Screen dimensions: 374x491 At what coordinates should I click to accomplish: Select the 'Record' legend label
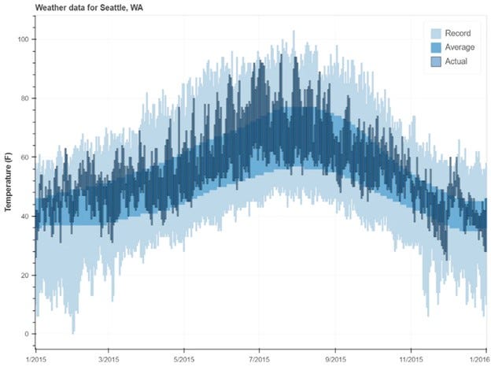click(458, 33)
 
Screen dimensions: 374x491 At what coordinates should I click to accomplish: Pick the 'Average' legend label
click(460, 47)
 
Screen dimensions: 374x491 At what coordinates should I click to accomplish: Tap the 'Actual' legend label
click(457, 61)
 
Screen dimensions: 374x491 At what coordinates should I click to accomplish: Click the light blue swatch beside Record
click(435, 33)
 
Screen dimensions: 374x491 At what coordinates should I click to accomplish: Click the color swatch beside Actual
click(435, 61)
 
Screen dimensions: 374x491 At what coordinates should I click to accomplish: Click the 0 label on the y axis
click(28, 334)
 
